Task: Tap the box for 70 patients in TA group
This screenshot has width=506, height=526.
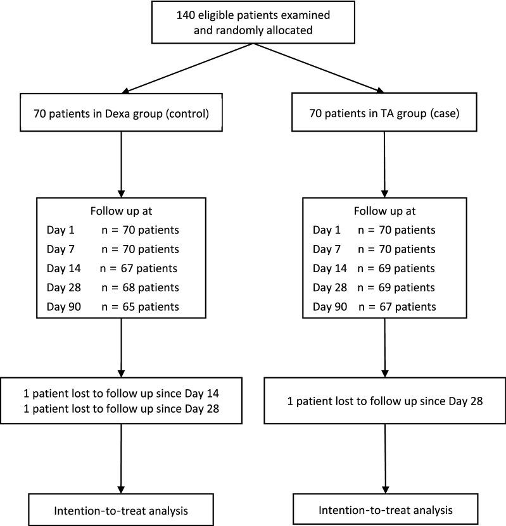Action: pyautogui.click(x=384, y=115)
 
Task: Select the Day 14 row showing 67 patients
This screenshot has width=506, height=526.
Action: pyautogui.click(x=112, y=268)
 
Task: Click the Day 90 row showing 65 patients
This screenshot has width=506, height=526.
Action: pyautogui.click(x=112, y=307)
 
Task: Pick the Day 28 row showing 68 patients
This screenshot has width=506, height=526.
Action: pyautogui.click(x=112, y=287)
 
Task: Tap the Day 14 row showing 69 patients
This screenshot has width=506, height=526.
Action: pyautogui.click(x=374, y=268)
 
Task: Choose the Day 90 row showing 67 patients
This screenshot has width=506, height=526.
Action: pyautogui.click(x=374, y=307)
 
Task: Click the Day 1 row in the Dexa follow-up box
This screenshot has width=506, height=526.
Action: pyautogui.click(x=112, y=230)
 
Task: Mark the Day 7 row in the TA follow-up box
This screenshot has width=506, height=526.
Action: pyautogui.click(x=374, y=249)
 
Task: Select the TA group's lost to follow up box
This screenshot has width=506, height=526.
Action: pyautogui.click(x=384, y=401)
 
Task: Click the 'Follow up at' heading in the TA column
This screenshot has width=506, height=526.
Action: pyautogui.click(x=384, y=211)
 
